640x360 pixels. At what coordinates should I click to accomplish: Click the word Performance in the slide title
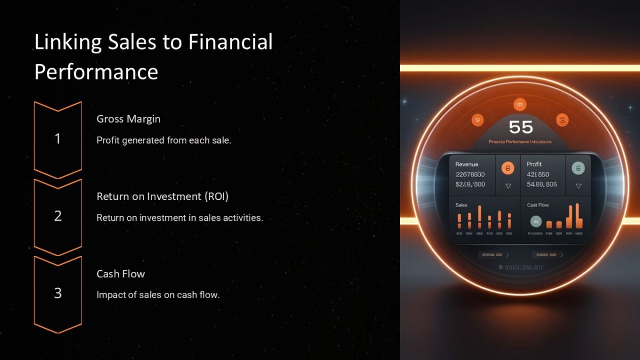tap(96, 71)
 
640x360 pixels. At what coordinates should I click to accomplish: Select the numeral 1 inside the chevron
tap(58, 139)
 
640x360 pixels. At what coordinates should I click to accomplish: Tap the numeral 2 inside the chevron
tap(58, 216)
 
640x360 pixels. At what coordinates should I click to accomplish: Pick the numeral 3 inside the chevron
tap(58, 293)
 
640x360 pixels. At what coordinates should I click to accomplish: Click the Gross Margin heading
tap(128, 119)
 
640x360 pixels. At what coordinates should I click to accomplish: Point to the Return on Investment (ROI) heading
tap(162, 196)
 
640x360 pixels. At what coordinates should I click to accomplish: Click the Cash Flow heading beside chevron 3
tap(121, 274)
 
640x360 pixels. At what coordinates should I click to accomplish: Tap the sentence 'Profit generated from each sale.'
tap(164, 140)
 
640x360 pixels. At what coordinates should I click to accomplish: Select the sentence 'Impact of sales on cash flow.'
tap(158, 294)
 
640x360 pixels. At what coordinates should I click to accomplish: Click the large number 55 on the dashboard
tap(521, 127)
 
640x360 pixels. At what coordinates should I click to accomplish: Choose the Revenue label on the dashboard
tap(467, 164)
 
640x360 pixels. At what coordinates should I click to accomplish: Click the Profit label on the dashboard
tap(534, 164)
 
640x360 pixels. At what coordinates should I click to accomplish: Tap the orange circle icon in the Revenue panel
tap(508, 169)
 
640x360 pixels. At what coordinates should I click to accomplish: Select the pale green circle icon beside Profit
tap(578, 169)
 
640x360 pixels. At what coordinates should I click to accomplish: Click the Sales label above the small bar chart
tap(461, 205)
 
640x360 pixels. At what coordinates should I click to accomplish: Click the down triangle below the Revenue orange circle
tap(508, 186)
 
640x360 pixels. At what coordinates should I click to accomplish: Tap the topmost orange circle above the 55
tap(519, 105)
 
